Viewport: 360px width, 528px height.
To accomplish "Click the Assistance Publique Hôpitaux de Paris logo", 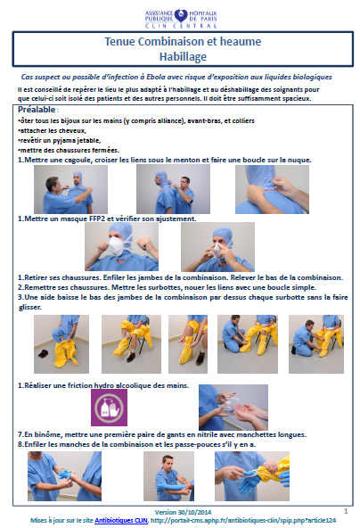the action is tap(181, 19).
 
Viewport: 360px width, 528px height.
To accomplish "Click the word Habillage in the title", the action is tap(183, 56).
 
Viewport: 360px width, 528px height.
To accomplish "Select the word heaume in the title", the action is tap(241, 41).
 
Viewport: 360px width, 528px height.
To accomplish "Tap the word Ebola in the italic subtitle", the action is tap(155, 77).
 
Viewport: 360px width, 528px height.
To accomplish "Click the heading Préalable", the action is tap(37, 110).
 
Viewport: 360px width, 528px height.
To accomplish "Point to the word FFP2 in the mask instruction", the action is tap(97, 219).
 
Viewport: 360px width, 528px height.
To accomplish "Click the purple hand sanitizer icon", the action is tap(109, 408).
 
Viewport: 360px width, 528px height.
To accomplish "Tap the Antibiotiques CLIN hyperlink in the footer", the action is tap(121, 520).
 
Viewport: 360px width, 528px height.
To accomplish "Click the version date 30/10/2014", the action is tap(194, 512).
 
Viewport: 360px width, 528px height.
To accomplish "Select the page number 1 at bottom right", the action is tap(346, 511).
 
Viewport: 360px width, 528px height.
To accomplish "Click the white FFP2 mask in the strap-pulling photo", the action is tap(117, 246).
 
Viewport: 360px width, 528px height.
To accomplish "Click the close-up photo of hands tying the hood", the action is tap(272, 189).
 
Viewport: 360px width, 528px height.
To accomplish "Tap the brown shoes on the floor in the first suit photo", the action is tap(43, 353).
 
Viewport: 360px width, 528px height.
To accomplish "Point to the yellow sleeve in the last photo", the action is tap(276, 468).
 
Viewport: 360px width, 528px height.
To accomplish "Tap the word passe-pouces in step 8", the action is tap(200, 444).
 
